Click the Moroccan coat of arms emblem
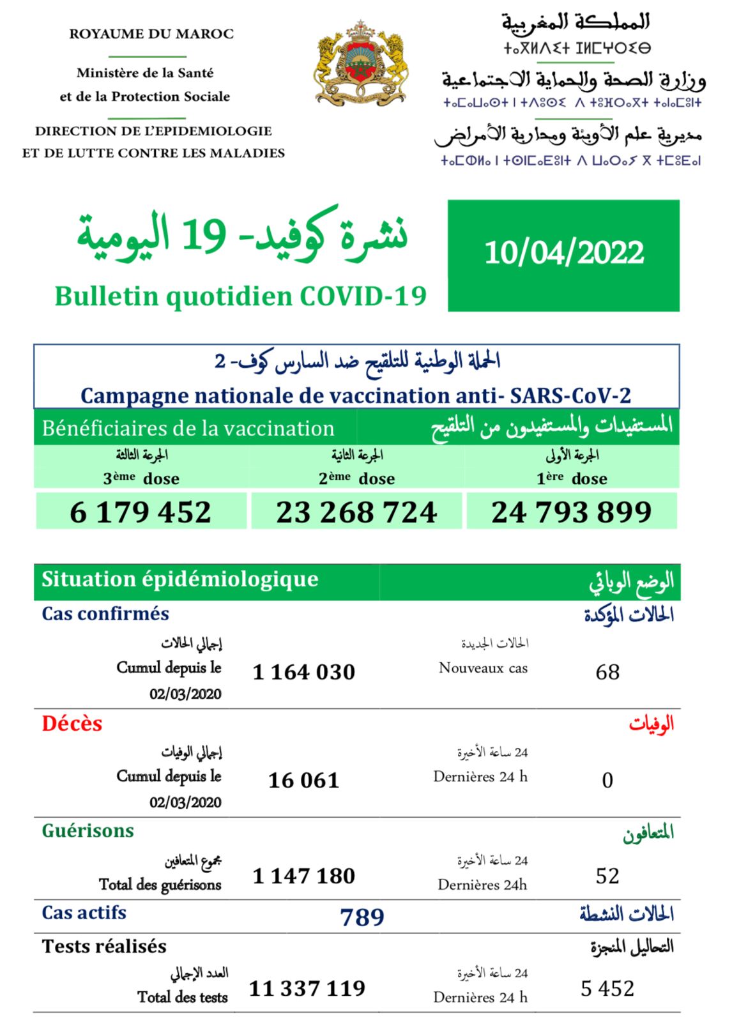point(362,64)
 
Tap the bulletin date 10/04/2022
point(564,253)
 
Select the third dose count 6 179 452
point(141,512)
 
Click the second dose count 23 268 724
point(356,512)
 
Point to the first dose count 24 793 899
point(572,512)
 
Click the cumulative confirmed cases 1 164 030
point(304,672)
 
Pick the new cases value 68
point(607,672)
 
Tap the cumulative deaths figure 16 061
point(304,780)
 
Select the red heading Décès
point(72,724)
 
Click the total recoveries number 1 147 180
point(304,876)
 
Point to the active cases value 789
point(362,917)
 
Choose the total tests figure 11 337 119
point(307,989)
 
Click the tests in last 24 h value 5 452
point(607,989)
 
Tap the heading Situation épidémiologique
point(180,579)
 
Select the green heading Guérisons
point(88,831)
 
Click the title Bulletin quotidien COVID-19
point(240,296)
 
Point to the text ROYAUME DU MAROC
point(151,34)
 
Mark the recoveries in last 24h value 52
point(607,876)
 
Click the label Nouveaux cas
point(483,668)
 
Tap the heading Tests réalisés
point(104,947)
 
